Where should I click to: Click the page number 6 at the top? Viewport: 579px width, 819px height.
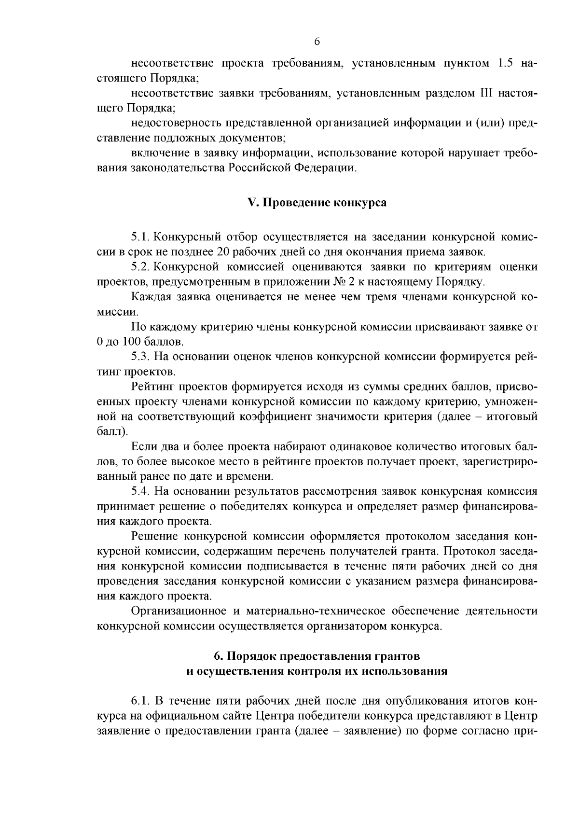(x=317, y=42)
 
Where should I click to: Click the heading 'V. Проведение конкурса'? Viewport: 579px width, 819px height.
(x=317, y=203)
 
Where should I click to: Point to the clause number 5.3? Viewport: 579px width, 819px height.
(x=140, y=357)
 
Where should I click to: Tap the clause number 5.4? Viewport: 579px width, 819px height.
(x=140, y=491)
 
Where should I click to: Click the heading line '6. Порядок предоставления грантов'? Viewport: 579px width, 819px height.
(x=317, y=656)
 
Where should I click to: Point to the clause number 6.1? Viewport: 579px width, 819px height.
(x=140, y=700)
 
